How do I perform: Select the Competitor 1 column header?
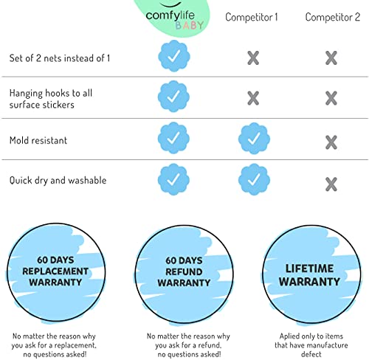coord(252,17)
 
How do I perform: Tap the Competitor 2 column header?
coord(333,17)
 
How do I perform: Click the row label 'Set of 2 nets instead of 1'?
coord(60,58)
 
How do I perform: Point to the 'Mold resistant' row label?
coord(38,140)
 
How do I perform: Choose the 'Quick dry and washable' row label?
coord(58,181)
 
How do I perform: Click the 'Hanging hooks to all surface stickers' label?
coord(51,99)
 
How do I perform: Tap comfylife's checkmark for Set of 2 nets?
coord(174,56)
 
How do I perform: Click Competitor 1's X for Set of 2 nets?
coord(253,58)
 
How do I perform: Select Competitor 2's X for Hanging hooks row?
coord(331,98)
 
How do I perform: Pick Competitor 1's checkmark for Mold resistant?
coord(254,139)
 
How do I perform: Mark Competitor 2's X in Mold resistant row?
coord(331,142)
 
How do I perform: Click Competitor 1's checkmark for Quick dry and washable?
coord(254,179)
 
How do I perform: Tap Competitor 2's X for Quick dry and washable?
coord(331,184)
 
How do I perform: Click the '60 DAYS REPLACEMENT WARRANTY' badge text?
coord(55,271)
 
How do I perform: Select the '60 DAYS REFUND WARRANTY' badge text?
coord(184,271)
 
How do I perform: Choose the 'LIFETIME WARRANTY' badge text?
coord(309,275)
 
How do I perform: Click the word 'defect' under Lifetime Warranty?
coord(311,354)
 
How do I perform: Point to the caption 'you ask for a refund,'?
coord(188,345)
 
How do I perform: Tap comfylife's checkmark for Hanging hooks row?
coord(173,97)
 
